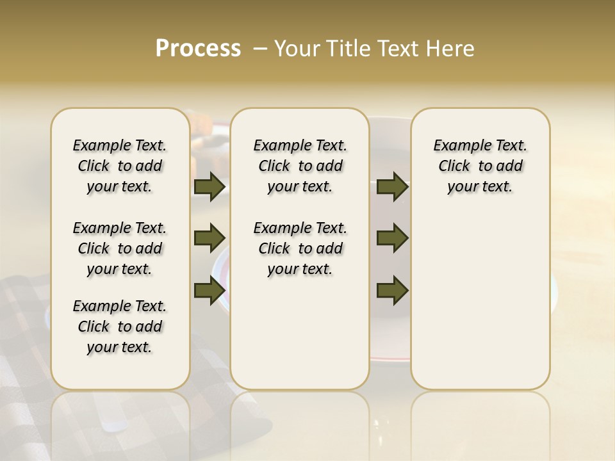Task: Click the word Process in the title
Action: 198,49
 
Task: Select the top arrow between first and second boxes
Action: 209,187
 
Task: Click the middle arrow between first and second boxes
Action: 209,238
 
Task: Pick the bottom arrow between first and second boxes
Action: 209,291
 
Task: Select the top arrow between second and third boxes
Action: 392,187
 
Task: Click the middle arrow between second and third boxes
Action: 392,238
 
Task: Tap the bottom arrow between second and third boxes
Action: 392,291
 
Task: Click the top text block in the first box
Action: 120,166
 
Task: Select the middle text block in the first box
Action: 120,248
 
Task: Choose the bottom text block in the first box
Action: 120,327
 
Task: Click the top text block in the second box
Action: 300,166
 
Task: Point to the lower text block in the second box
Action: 300,248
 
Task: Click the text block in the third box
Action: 480,166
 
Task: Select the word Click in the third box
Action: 454,166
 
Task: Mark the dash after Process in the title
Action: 259,49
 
